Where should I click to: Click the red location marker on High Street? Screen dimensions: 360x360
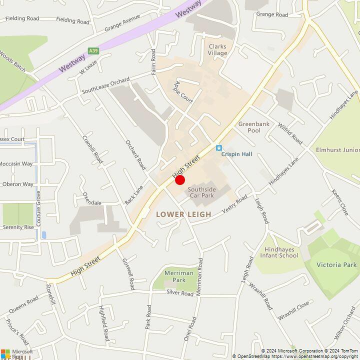[180, 180]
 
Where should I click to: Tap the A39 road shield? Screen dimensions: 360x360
[93, 51]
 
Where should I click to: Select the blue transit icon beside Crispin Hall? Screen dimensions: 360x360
[218, 148]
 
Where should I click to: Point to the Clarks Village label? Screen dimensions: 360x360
[217, 50]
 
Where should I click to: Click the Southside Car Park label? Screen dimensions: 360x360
[201, 192]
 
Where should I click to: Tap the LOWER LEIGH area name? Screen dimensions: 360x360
[183, 214]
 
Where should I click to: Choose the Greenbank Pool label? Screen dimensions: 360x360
[249, 127]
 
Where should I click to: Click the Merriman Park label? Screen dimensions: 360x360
[175, 276]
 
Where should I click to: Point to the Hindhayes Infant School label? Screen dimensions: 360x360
[279, 252]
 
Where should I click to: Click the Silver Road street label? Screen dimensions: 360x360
[180, 293]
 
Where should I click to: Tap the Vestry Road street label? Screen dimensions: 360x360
[234, 205]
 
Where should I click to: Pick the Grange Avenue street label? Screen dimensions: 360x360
[122, 23]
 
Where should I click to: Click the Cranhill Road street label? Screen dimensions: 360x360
[92, 149]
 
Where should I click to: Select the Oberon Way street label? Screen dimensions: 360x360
[17, 184]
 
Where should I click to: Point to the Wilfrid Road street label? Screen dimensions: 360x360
[290, 132]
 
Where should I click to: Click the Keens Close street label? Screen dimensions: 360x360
[340, 202]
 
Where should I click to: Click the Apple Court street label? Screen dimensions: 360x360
[183, 91]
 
